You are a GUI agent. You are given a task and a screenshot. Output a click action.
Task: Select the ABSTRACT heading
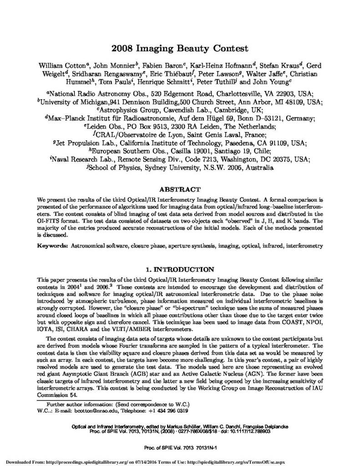click(179, 188)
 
